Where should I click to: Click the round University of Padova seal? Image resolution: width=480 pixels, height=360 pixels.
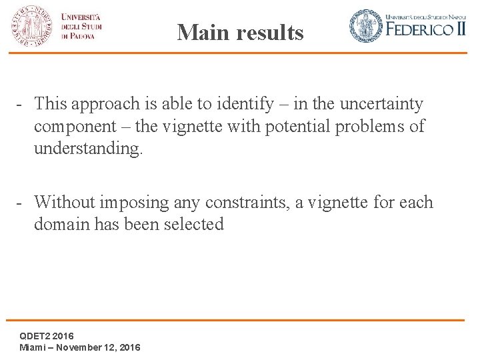pyautogui.click(x=30, y=26)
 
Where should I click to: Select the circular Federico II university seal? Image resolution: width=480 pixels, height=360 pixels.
pyautogui.click(x=366, y=26)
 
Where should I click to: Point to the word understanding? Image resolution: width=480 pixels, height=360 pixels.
pyautogui.click(x=88, y=148)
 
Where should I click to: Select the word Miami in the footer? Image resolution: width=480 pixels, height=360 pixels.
pyautogui.click(x=32, y=347)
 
